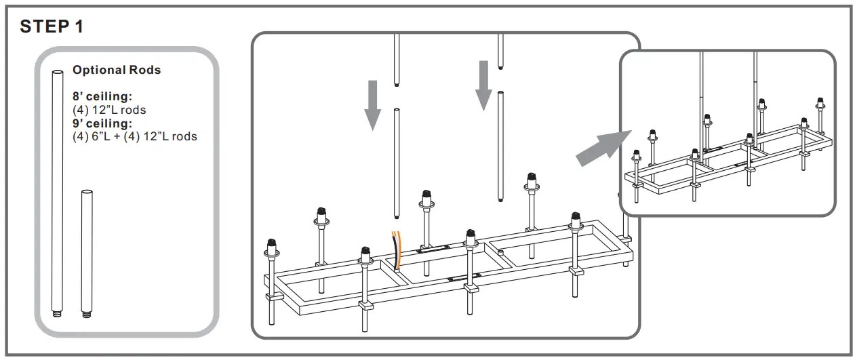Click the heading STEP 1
pyautogui.click(x=52, y=26)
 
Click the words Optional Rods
pyautogui.click(x=117, y=70)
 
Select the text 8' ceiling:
pyautogui.click(x=102, y=96)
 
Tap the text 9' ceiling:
pyautogui.click(x=102, y=123)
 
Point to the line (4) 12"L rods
pyautogui.click(x=108, y=109)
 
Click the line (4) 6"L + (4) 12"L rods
pyautogui.click(x=134, y=136)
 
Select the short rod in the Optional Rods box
pyautogui.click(x=86, y=251)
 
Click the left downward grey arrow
pyautogui.click(x=372, y=104)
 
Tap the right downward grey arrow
pyautogui.click(x=483, y=85)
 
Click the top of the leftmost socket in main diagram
pyautogui.click(x=271, y=243)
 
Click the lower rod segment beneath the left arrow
pyautogui.click(x=396, y=163)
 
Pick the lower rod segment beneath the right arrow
pyautogui.click(x=500, y=146)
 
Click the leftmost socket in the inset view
pyautogui.click(x=637, y=155)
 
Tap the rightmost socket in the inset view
pyautogui.click(x=820, y=103)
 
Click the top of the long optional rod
pyautogui.click(x=57, y=72)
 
